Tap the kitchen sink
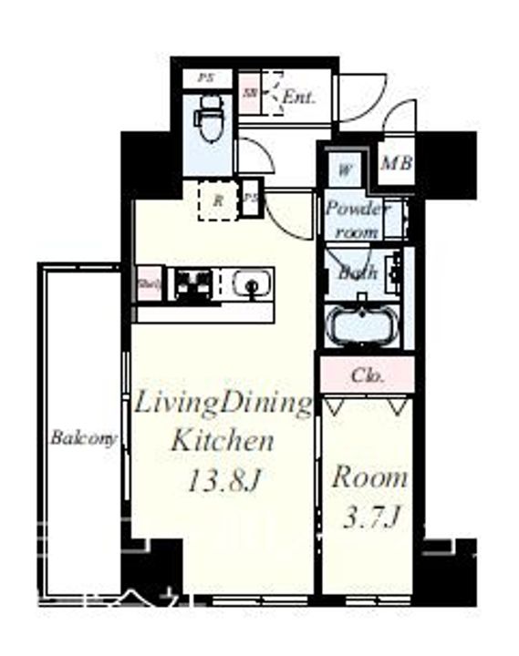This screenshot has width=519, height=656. click(249, 285)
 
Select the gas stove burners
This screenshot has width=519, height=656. click(193, 285)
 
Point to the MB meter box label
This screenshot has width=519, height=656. click(397, 164)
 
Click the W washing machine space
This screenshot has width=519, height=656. click(346, 169)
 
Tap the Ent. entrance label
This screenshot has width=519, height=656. click(298, 97)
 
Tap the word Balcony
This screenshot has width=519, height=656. click(84, 438)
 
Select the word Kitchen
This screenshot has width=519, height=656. click(223, 443)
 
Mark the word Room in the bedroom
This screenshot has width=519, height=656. click(368, 477)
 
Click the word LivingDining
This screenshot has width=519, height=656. click(223, 405)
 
